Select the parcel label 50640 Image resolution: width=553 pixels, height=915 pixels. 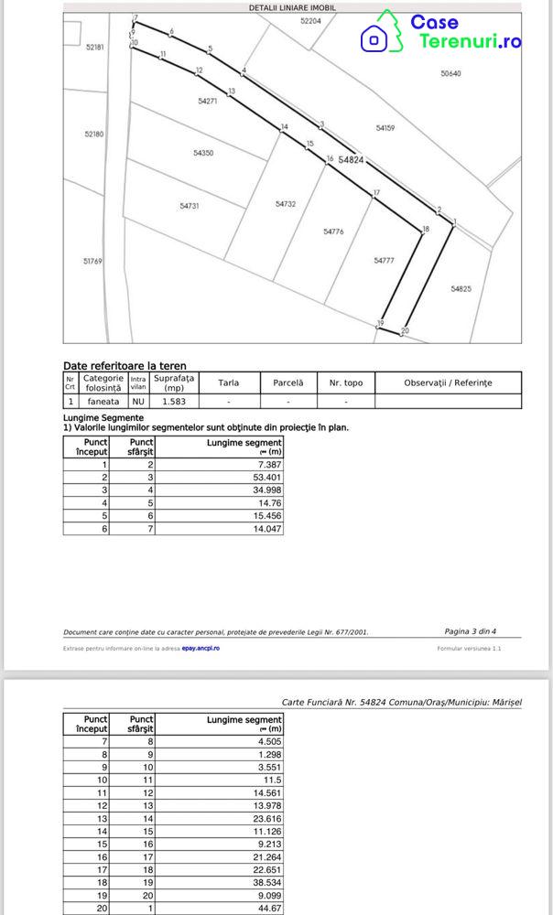tap(450, 73)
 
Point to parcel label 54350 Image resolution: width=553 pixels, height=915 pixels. tap(203, 153)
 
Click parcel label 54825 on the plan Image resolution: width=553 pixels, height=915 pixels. tap(461, 288)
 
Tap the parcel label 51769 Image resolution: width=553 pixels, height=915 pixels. tap(92, 261)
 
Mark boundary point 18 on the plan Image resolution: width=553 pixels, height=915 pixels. tap(425, 229)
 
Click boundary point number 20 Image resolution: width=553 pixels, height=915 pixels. tap(405, 330)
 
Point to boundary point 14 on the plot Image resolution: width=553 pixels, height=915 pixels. tap(285, 127)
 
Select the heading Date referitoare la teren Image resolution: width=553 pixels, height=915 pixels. tap(125, 365)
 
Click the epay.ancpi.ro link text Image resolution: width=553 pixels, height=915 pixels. tap(201, 648)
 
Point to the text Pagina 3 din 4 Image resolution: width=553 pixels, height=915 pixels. tap(470, 630)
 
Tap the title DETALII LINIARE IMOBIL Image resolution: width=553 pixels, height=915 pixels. tap(292, 6)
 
